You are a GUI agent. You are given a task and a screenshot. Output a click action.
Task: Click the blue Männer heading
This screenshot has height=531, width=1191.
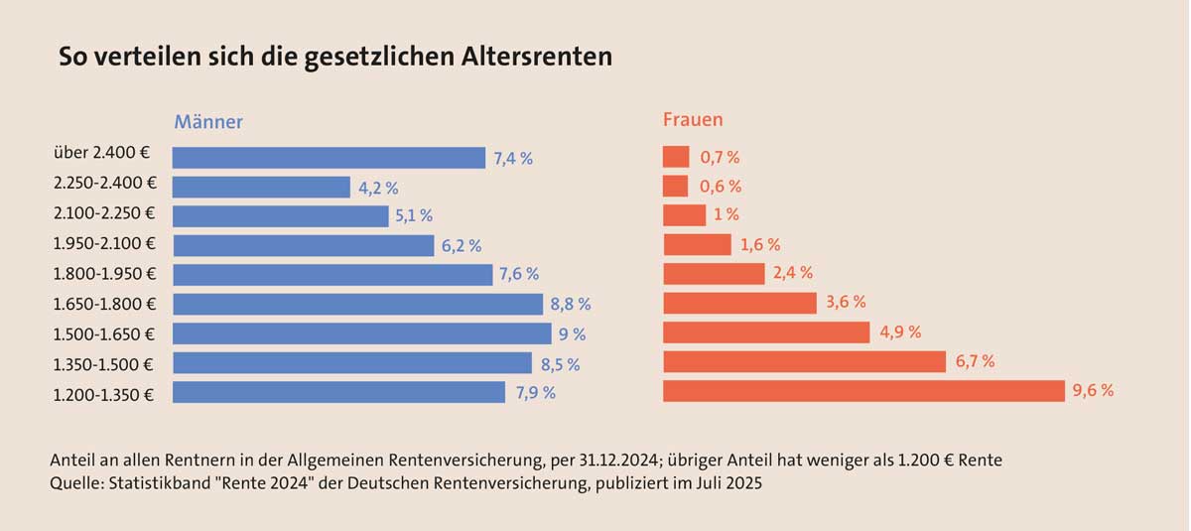click(208, 122)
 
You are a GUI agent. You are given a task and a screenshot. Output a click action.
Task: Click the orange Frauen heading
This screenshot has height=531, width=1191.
click(693, 120)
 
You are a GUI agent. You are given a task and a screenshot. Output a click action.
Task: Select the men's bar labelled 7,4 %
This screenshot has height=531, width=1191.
click(329, 158)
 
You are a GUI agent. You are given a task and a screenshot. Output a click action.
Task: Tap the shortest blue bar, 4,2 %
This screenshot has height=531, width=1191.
click(261, 187)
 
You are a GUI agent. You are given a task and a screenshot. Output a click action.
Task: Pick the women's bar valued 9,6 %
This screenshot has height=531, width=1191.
click(863, 391)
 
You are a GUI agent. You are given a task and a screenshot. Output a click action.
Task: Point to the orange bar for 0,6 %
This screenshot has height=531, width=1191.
click(675, 186)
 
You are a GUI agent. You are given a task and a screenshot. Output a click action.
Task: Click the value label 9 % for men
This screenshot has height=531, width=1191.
click(573, 334)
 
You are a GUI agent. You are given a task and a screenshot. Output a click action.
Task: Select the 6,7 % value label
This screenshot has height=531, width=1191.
click(975, 361)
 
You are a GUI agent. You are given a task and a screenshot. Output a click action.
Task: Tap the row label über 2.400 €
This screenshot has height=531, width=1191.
click(102, 153)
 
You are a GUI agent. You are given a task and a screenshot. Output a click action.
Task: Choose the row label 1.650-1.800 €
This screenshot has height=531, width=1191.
click(104, 303)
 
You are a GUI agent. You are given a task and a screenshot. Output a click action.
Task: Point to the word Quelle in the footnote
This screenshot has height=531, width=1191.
click(75, 484)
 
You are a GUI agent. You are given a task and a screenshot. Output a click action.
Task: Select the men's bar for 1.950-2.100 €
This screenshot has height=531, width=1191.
click(304, 245)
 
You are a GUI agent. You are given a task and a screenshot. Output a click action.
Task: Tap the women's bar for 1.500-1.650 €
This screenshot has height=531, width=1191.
click(766, 332)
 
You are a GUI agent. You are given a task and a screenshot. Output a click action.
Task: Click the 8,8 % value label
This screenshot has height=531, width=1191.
click(571, 305)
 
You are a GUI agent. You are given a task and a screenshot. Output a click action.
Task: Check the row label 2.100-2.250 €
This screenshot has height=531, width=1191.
click(104, 212)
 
